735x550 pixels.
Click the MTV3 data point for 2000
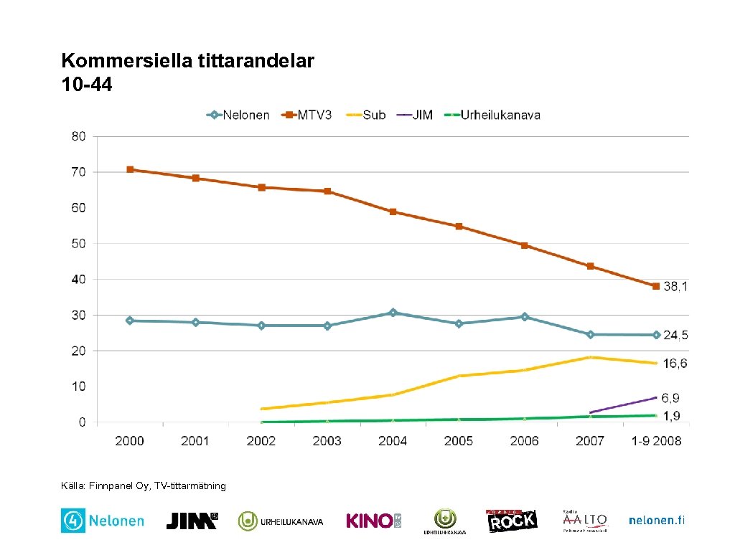point(130,169)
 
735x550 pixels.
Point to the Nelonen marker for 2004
point(393,313)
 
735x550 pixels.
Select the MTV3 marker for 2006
point(525,245)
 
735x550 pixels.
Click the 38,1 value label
point(675,286)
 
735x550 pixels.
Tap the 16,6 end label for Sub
point(675,364)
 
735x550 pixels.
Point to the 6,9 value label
point(670,397)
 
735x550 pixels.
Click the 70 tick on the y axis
point(78,172)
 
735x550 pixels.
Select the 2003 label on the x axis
point(327,441)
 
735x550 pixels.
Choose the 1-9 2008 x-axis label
point(656,441)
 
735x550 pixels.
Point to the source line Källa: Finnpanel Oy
point(144,486)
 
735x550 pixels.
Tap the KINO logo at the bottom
point(374,521)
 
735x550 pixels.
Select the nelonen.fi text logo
point(656,521)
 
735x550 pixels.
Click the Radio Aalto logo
point(585,521)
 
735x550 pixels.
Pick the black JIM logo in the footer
point(192,521)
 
